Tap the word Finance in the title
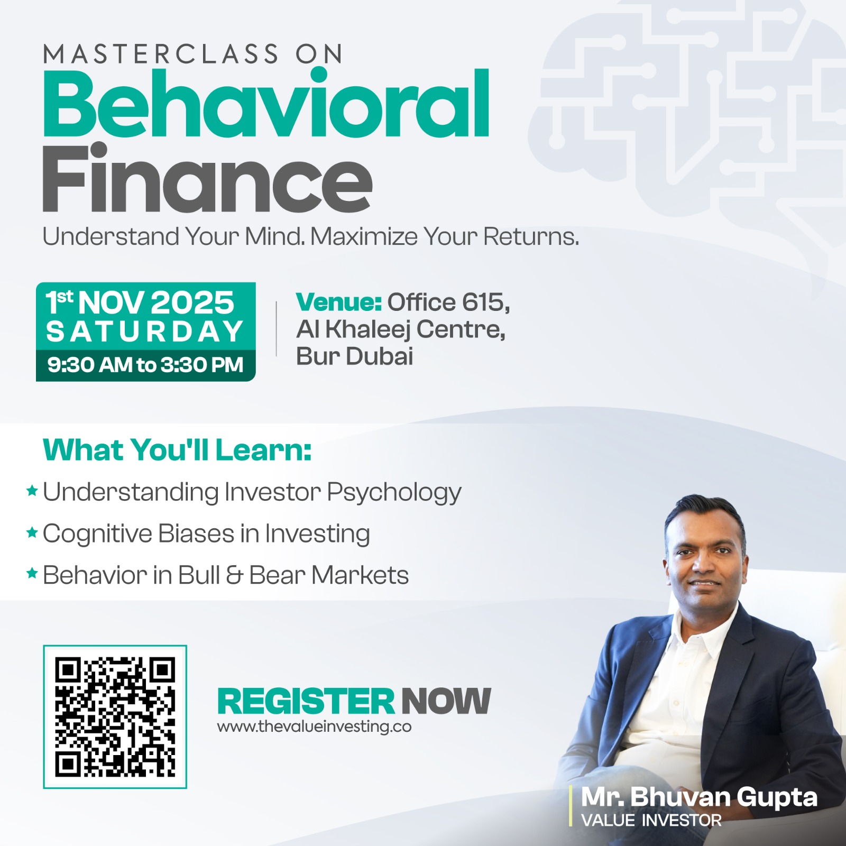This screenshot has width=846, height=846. point(207,178)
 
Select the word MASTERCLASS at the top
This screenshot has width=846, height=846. point(161,54)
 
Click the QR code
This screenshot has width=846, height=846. point(115,716)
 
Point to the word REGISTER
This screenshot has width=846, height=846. point(306,701)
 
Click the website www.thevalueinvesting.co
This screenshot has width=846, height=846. point(314,727)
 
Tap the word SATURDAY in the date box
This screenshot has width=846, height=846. point(144,332)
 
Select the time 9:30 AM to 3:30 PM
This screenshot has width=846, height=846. point(145,365)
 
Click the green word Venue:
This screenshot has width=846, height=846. point(339,302)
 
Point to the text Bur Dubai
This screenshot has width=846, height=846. point(354,356)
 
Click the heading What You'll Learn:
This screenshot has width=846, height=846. point(177,450)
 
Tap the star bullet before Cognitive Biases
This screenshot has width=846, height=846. point(32,532)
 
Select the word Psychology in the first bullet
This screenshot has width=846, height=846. point(394,493)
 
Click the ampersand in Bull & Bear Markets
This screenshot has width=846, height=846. point(234,575)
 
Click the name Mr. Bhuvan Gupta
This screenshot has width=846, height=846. point(699,797)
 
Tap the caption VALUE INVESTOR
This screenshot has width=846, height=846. point(651,820)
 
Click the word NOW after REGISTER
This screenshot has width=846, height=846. point(446,701)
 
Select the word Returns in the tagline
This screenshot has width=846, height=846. point(531,236)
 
